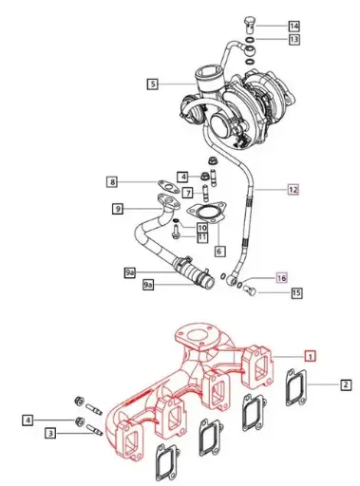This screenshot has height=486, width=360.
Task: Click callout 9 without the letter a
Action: pyautogui.click(x=118, y=209)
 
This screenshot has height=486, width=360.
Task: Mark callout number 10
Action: pyautogui.click(x=201, y=227)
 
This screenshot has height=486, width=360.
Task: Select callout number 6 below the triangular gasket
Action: pyautogui.click(x=218, y=252)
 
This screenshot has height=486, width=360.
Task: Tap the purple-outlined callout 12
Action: pyautogui.click(x=294, y=190)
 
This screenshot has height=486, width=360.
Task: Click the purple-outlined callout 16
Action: pyautogui.click(x=280, y=278)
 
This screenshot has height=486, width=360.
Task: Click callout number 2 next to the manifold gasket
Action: pyautogui.click(x=346, y=384)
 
